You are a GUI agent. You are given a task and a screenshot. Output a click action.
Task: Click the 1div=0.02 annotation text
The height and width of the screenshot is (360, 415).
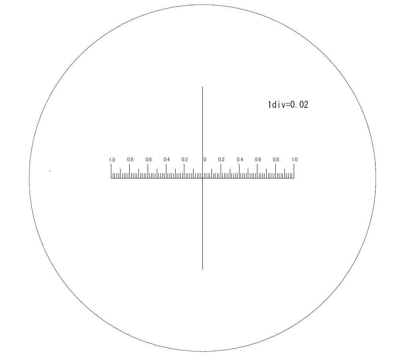click(x=288, y=105)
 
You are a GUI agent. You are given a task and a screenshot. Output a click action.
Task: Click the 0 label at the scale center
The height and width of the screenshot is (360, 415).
click(x=205, y=160)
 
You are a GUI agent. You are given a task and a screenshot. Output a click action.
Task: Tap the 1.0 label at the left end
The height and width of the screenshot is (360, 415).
click(x=112, y=160)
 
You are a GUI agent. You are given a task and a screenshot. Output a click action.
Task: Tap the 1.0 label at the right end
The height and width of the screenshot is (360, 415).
click(x=294, y=160)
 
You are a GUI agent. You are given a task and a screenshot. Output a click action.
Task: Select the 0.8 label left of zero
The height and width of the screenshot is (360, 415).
click(x=130, y=160)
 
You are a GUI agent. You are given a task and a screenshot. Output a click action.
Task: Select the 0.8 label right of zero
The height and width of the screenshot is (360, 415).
click(x=276, y=160)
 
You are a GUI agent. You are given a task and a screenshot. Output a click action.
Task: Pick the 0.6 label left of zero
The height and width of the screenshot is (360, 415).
click(x=148, y=160)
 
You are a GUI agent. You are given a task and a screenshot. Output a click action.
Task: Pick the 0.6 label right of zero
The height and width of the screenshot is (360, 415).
click(x=258, y=160)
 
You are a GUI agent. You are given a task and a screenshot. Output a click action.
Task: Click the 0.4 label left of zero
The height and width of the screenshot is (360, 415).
click(x=166, y=160)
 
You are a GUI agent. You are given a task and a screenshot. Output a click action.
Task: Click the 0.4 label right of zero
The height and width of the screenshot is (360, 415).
click(x=240, y=160)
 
